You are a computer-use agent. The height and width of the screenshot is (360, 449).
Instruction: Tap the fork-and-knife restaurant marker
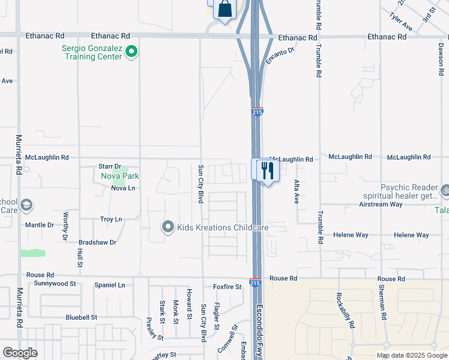coord(267,170)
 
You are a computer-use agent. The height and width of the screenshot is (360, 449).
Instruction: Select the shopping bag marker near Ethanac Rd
coord(224,9)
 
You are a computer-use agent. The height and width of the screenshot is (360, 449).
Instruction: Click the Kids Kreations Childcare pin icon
coord(168,227)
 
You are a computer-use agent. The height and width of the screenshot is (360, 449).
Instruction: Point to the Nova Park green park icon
coord(119,176)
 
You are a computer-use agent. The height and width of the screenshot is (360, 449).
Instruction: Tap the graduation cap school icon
coord(26,206)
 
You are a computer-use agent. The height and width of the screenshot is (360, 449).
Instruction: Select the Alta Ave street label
coord(296,191)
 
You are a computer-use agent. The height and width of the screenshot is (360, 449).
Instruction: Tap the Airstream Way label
coord(381,204)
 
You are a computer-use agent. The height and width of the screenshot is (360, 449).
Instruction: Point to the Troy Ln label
coord(111,220)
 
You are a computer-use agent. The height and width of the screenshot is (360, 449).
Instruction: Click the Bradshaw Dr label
coord(97,242)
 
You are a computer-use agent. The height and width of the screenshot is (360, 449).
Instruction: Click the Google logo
coord(20,352)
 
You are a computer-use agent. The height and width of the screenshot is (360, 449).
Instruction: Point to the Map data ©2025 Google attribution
coord(412,355)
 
